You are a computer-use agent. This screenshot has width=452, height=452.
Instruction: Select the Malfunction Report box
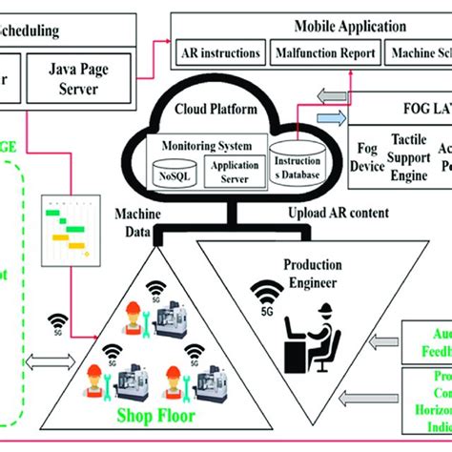(326, 54)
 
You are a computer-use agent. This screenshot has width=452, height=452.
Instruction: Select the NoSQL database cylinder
(174, 173)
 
